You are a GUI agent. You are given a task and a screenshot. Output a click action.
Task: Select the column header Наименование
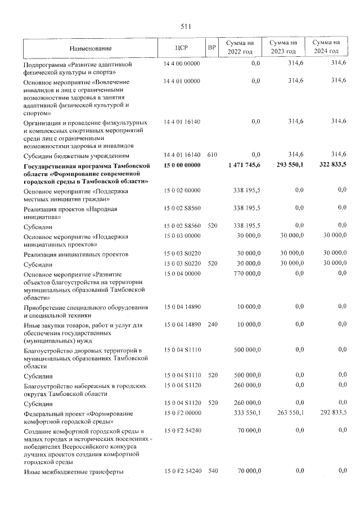pos(91,48)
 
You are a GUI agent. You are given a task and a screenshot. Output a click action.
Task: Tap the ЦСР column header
pos(181,48)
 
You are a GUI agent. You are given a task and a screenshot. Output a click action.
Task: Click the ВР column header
pos(211,48)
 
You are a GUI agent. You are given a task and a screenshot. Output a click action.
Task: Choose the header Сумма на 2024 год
pos(326,47)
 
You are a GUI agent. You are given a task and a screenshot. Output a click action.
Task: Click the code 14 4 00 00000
pos(182,64)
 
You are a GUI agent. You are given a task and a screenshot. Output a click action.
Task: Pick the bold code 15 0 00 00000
pos(182,164)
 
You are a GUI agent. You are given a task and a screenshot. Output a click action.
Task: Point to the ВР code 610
pos(211,155)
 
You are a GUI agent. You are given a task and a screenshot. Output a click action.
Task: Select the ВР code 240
pos(211,325)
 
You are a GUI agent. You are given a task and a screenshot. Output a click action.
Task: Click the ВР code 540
pos(211,471)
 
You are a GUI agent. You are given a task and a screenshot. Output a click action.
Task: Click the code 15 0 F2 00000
pos(182,413)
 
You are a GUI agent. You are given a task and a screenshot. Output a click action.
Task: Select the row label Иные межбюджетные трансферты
pos(73,471)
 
